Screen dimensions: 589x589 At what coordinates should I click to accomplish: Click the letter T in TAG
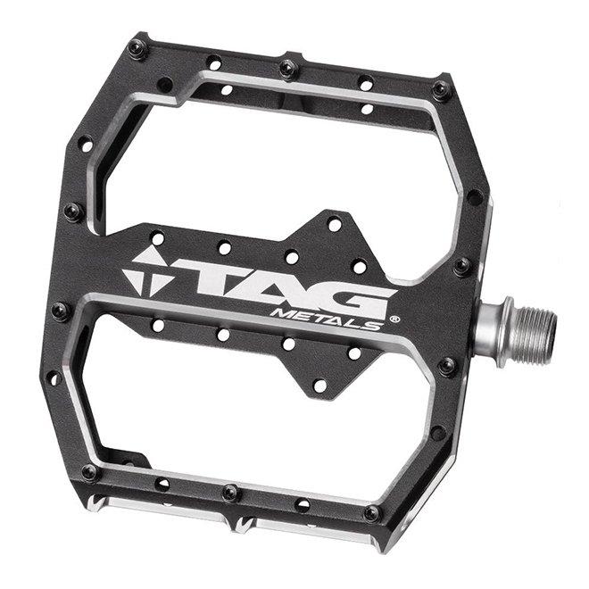[x=190, y=280]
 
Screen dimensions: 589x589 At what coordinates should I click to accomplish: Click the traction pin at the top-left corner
[x=137, y=48]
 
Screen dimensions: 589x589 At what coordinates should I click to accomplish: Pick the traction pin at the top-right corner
[x=441, y=89]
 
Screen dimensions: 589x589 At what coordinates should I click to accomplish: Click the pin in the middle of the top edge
[x=287, y=68]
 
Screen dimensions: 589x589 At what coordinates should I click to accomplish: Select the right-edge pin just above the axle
[x=461, y=266]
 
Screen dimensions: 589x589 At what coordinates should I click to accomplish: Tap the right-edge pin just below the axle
[x=448, y=365]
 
